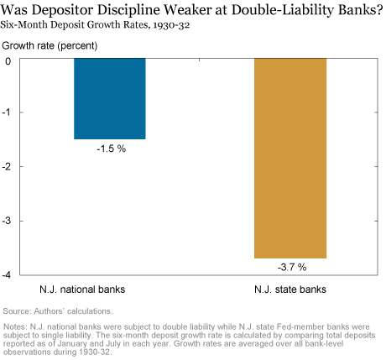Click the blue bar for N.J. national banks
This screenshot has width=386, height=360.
coord(110,98)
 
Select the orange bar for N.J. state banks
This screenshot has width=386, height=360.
coord(290,158)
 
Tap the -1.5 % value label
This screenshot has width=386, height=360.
coord(112,149)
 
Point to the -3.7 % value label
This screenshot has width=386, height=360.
coord(292,267)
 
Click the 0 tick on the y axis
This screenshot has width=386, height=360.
coord(8,61)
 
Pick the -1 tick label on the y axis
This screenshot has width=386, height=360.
coord(6,112)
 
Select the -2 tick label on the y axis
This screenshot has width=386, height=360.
coord(7,167)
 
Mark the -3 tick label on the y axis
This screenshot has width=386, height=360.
coord(7,221)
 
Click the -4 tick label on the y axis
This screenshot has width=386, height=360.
coord(7,275)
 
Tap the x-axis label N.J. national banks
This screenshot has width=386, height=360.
coord(82,290)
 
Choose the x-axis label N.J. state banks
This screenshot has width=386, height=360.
coord(290,290)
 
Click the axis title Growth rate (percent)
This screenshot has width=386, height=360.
coord(50,45)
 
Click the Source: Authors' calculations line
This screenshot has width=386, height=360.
coord(58,311)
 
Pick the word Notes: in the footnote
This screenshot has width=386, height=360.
coord(15,326)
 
